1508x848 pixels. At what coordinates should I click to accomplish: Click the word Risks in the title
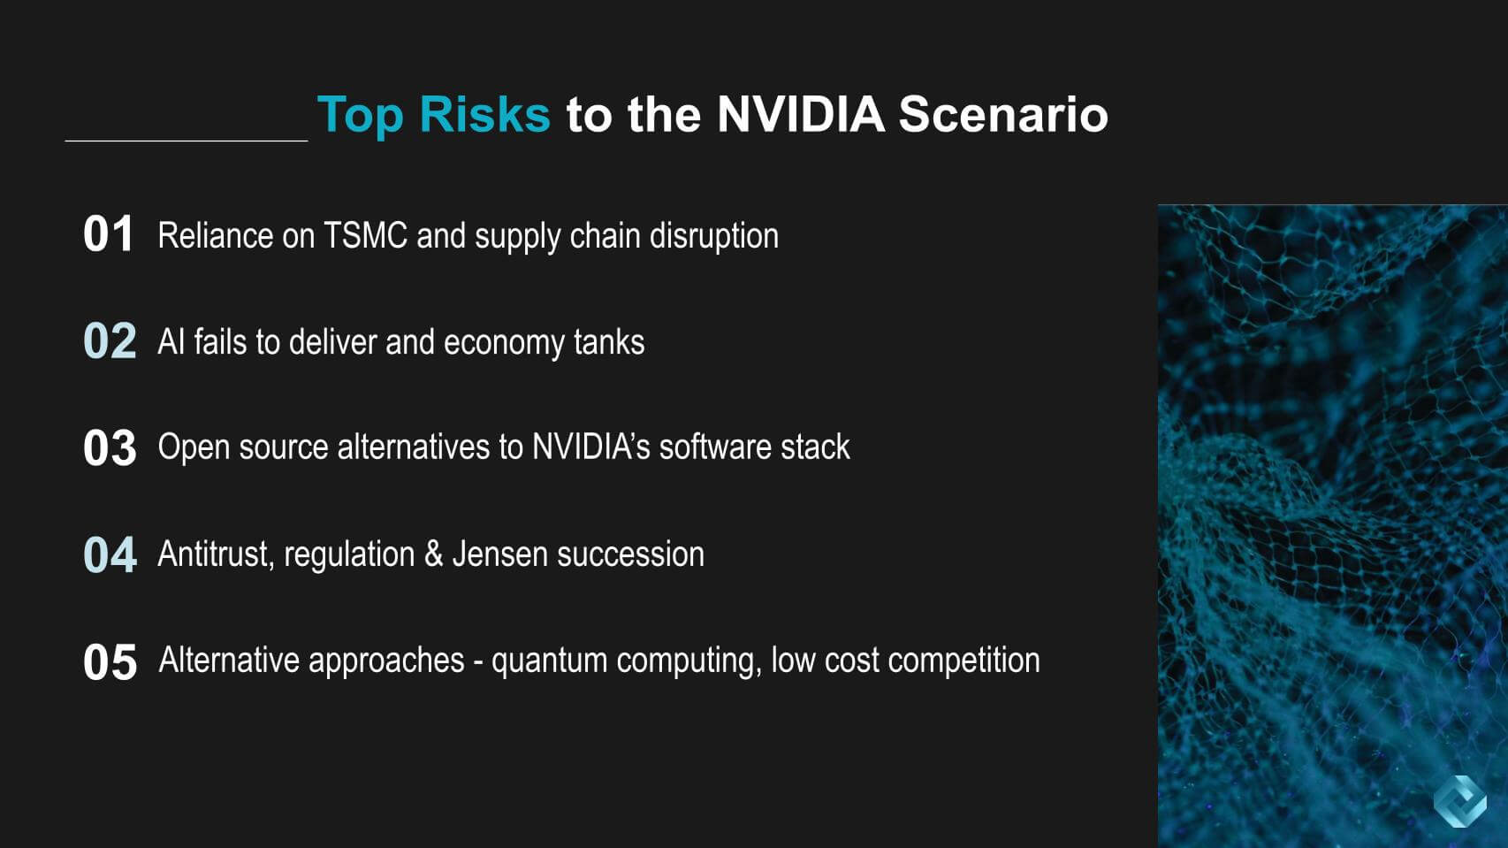(484, 115)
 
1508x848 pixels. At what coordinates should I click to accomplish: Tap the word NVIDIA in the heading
(800, 115)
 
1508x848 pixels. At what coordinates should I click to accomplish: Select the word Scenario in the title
(1003, 115)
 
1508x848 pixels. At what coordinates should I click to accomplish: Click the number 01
(108, 235)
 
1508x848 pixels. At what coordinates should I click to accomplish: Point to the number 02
(110, 341)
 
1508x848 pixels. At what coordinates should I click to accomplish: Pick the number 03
(110, 448)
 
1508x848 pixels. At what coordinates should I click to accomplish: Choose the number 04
(110, 555)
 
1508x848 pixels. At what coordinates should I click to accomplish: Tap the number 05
(110, 662)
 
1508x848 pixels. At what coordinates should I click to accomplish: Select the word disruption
(713, 236)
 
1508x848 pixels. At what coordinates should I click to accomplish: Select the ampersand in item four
(433, 554)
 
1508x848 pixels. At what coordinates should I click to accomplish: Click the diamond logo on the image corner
(1459, 801)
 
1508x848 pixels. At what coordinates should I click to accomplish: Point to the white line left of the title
(186, 140)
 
